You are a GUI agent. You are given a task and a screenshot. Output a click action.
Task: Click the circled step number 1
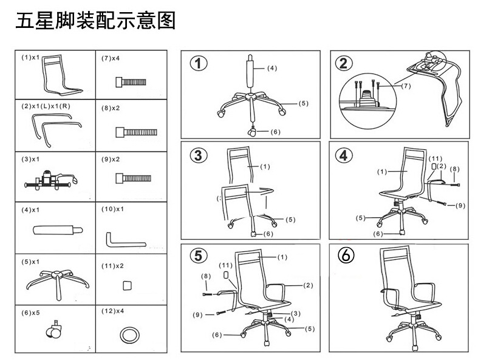point(198,64)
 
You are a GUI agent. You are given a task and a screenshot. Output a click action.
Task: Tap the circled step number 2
point(344,64)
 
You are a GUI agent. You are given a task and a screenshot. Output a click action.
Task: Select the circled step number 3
point(198,155)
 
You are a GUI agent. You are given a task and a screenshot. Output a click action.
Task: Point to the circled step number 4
point(344,155)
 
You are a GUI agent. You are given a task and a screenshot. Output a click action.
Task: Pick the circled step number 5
point(198,256)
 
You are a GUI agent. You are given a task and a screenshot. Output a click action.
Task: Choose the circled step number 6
point(344,256)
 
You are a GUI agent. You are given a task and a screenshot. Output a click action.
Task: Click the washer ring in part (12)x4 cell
point(129,335)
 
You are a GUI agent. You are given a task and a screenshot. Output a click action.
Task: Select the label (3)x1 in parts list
point(30,159)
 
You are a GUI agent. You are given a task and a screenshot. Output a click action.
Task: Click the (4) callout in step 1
point(271,68)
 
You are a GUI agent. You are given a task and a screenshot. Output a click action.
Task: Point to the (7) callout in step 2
point(406,86)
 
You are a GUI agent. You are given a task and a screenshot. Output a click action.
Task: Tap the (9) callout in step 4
point(460,205)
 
